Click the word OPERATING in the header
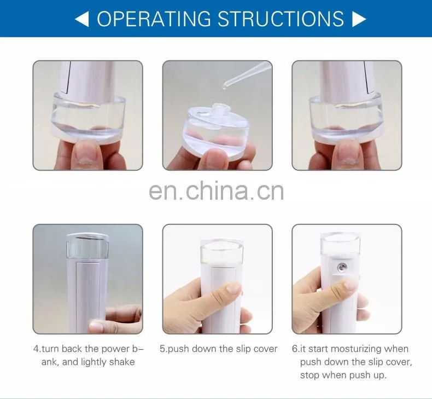point(153,19)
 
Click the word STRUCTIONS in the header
point(281,19)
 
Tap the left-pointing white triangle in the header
point(82,19)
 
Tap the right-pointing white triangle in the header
point(359,19)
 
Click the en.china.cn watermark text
point(217,190)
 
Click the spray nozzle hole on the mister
point(342,267)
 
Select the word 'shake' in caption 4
point(122,362)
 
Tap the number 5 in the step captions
point(162,349)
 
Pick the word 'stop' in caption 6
point(310,375)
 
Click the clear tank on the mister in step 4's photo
point(87,246)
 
